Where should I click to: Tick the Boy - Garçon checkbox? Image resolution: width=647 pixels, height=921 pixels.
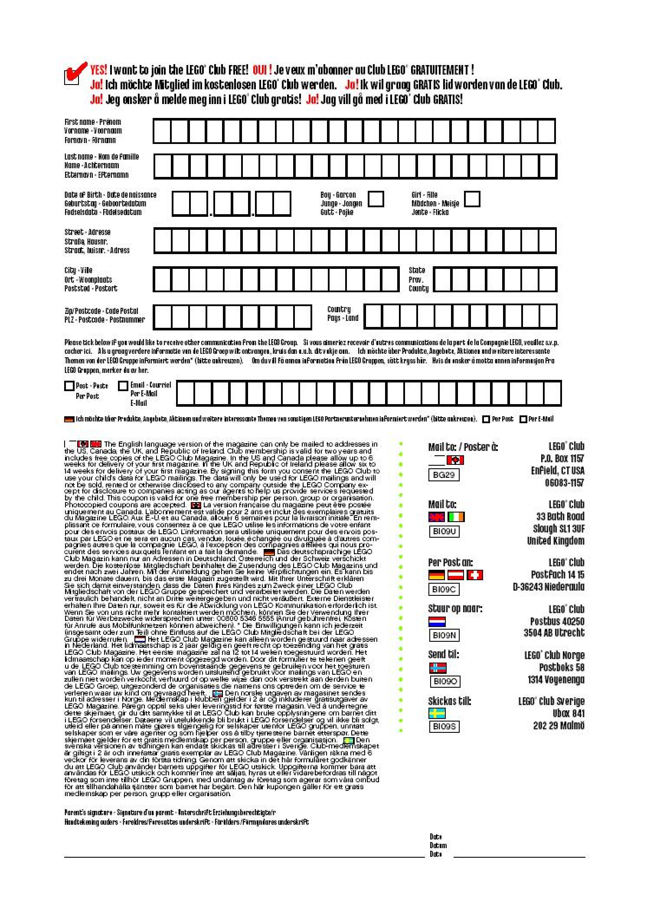point(376,199)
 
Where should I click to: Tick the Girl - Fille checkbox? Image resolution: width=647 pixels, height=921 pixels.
point(472,199)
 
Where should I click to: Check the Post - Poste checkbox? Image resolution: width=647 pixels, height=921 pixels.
point(69,385)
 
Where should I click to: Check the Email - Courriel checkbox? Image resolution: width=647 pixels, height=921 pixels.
point(124,385)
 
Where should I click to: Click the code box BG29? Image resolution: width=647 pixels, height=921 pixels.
point(444,475)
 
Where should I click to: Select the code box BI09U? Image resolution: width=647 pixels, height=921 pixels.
point(444,531)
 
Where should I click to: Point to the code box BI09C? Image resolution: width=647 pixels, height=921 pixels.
point(444,589)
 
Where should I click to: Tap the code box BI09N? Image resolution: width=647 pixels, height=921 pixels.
point(444,635)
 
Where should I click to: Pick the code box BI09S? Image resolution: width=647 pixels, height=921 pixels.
point(444,726)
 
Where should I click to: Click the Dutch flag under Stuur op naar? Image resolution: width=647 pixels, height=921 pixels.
point(437,622)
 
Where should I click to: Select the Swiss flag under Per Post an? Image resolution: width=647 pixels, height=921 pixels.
point(474,575)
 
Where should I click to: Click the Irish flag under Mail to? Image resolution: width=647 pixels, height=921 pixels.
point(456,517)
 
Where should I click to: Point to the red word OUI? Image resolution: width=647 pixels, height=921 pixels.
point(262,70)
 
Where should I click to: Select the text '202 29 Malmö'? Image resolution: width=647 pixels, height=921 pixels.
point(559,725)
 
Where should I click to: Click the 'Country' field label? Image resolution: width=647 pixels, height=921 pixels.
point(339,309)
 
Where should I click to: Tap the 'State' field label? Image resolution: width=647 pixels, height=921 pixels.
point(417,270)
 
